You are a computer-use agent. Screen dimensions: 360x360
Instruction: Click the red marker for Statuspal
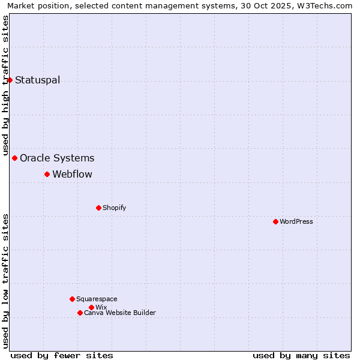10,80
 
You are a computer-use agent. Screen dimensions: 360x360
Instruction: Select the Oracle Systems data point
15,158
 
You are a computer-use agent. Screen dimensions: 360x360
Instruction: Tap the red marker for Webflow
47,174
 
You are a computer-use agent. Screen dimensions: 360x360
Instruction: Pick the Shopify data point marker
98,208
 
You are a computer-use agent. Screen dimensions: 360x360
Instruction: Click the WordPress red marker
275,221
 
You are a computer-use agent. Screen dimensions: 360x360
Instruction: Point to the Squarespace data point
72,299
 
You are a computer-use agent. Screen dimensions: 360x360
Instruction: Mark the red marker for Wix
91,307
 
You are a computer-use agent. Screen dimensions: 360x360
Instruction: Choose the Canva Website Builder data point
80,313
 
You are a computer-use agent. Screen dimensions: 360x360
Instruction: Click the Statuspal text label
37,80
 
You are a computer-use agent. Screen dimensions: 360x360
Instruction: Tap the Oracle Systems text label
57,158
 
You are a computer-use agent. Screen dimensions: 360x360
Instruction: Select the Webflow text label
72,175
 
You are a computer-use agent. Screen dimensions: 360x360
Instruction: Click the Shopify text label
114,208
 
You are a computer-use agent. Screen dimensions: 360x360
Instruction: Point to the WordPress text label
296,221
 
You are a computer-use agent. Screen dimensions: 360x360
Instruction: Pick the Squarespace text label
97,299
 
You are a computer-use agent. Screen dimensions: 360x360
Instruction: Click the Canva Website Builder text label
120,313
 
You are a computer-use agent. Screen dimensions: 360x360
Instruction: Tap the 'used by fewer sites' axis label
62,355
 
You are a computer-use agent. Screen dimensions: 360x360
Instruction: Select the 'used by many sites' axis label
301,355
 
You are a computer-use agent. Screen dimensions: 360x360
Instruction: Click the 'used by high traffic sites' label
5,85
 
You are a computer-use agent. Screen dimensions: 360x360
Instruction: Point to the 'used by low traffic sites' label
5,281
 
